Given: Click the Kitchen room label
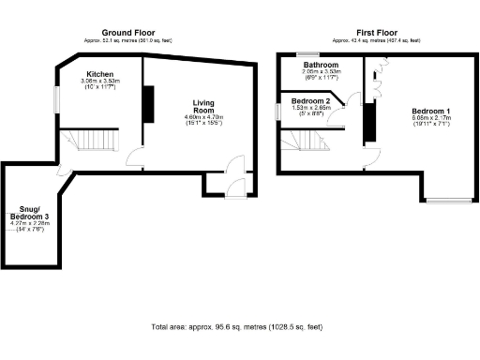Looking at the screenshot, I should pyautogui.click(x=100, y=73).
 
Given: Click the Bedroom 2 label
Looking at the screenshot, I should pyautogui.click(x=310, y=100).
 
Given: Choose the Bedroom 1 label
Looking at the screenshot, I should pyautogui.click(x=430, y=112).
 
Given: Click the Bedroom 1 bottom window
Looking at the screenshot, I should pyautogui.click(x=448, y=200).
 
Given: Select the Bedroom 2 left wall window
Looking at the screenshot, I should pyautogui.click(x=277, y=111).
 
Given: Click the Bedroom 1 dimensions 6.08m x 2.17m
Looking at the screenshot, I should pyautogui.click(x=430, y=123).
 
